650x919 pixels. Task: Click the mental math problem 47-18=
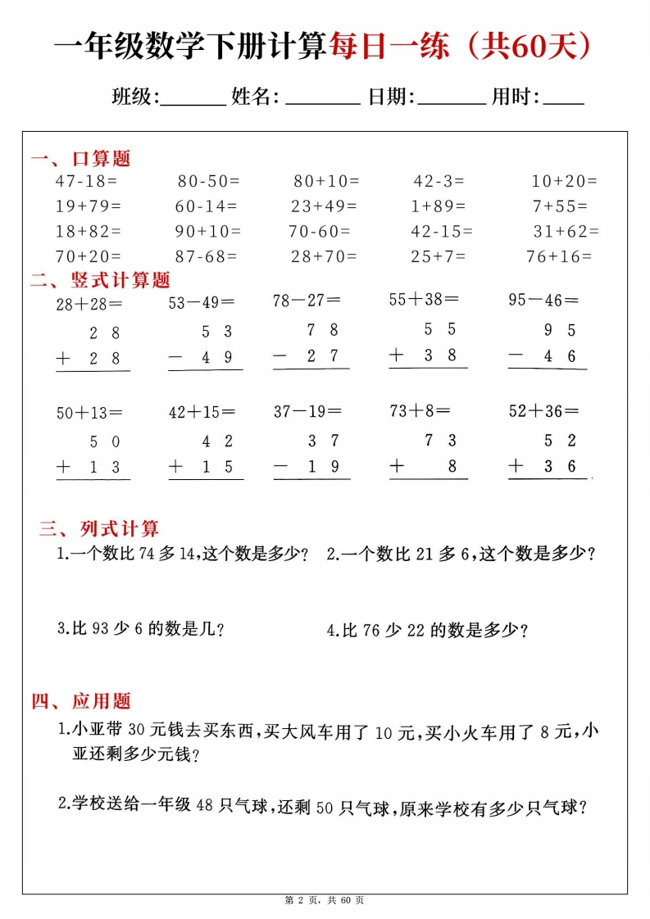(86, 181)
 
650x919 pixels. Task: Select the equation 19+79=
(88, 206)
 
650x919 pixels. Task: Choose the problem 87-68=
(206, 256)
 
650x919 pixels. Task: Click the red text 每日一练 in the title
(389, 48)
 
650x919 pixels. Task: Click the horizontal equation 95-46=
(543, 300)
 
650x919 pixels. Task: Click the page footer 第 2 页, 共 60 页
(325, 900)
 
